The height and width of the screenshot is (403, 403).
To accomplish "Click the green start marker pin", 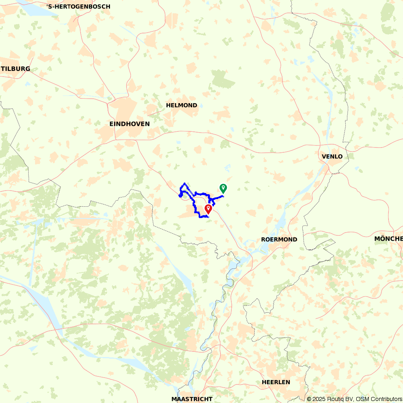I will (223, 188).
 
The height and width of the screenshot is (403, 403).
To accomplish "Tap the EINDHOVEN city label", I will (129, 124).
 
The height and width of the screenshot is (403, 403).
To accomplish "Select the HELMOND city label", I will (181, 106).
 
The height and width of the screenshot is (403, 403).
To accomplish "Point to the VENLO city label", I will (332, 157).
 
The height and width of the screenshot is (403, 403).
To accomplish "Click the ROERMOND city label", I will (279, 239).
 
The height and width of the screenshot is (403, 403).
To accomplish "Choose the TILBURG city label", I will (16, 69).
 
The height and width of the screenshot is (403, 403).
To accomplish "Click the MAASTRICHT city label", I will (192, 399).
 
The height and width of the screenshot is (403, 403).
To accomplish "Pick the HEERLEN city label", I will (276, 382).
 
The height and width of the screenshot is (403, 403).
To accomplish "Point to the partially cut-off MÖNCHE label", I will (388, 239).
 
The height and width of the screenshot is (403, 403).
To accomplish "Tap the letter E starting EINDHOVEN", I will (112, 124).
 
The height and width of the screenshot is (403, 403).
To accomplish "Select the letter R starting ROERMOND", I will (263, 239).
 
